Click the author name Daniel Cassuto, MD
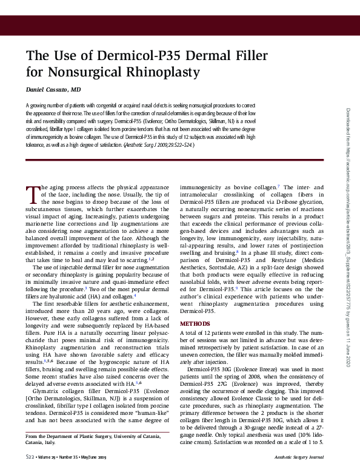point(54,90)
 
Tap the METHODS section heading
point(195,324)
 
